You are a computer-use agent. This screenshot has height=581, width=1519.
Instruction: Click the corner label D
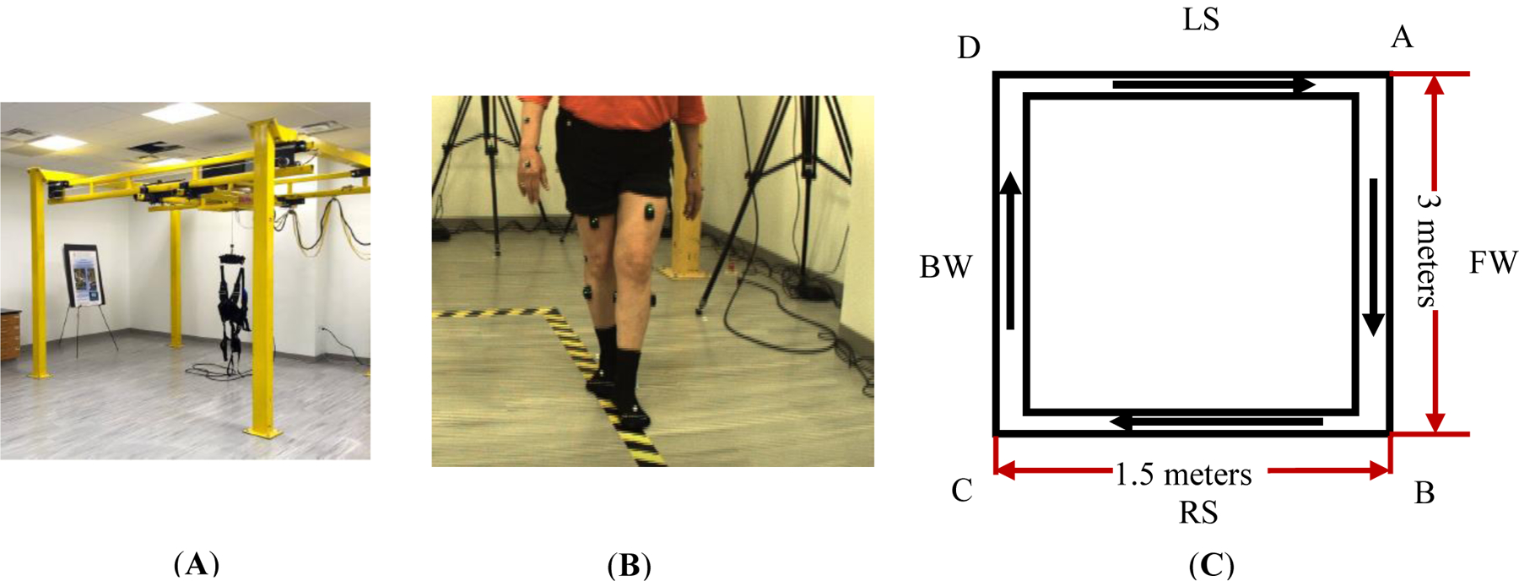point(969,47)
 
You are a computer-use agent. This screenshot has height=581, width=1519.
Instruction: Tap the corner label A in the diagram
point(1402,37)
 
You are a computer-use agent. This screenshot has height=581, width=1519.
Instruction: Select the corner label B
point(1424,492)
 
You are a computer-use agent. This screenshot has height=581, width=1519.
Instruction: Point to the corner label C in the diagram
point(962,491)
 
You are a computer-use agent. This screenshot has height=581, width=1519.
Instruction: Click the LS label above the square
point(1201,19)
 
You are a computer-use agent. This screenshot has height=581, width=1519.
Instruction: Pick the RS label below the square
point(1198,513)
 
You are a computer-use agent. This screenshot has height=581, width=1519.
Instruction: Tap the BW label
point(945,268)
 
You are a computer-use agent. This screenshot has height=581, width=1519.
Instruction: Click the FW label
point(1493,263)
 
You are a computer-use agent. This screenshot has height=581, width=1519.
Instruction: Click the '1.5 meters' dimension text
point(1183,475)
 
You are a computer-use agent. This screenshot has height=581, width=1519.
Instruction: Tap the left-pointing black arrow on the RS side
point(1215,421)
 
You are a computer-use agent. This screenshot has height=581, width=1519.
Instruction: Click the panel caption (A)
point(196,564)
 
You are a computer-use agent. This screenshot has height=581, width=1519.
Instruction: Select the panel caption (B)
point(629,565)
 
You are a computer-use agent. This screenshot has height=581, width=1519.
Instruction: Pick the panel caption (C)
point(1211,565)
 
